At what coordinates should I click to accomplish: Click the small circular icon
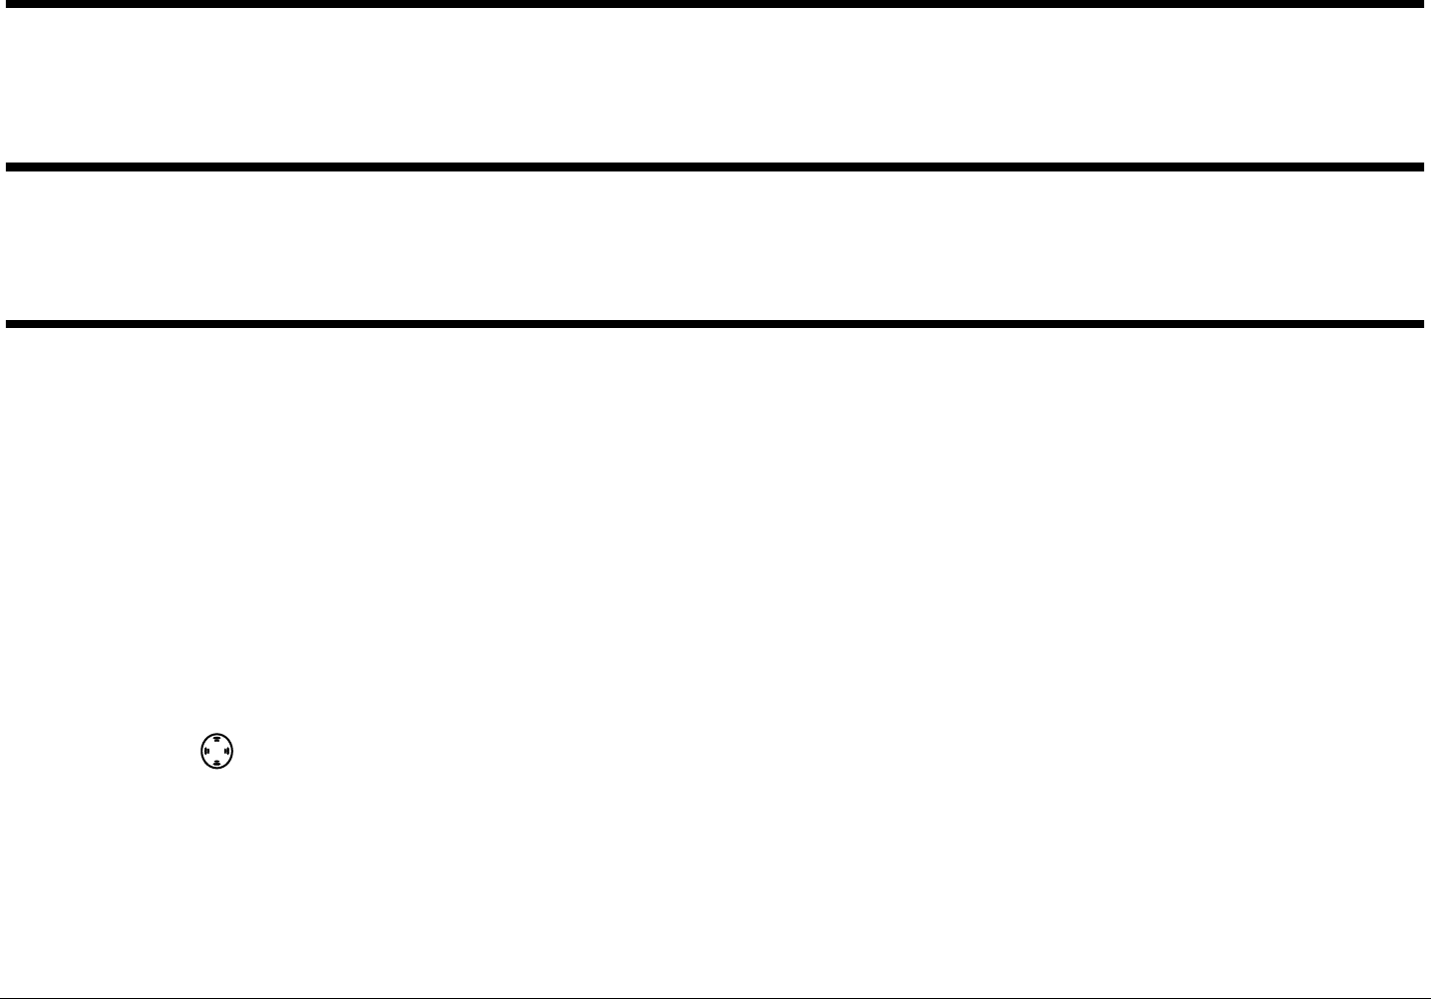coord(216,751)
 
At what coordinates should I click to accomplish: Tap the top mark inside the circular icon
coord(216,740)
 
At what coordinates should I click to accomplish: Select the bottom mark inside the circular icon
coord(216,763)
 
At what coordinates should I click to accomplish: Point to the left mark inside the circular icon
coord(205,751)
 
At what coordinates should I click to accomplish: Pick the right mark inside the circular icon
coord(227,751)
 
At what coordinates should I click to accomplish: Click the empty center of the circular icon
coord(216,751)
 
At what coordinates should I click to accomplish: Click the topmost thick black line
coord(715,4)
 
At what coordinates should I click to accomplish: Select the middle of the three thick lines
coord(715,167)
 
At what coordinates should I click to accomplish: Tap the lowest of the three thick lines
coord(715,324)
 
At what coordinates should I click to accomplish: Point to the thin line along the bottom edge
coord(715,996)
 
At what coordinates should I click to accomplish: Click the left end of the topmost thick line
coord(10,4)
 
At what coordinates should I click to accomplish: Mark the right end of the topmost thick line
coord(1420,4)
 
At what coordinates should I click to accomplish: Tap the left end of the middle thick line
coord(10,167)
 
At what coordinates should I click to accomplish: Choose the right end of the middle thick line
coord(1420,167)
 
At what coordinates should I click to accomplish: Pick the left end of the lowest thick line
coord(10,324)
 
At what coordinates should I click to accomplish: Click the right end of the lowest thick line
coord(1420,324)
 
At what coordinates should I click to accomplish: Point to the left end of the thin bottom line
coord(5,996)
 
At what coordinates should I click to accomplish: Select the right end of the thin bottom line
coord(1426,996)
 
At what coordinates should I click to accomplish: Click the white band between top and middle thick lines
coord(715,86)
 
